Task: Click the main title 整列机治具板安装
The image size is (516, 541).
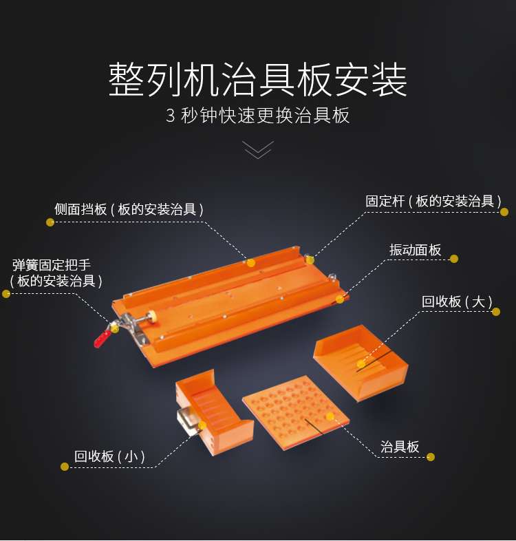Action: tap(258, 81)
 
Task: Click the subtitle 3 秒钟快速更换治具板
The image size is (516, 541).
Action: tap(258, 115)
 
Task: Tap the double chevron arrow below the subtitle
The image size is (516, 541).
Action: tap(258, 150)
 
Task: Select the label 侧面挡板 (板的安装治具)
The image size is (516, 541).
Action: tap(129, 209)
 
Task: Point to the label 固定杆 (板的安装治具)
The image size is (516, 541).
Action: tap(433, 201)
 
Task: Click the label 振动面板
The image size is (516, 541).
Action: tap(415, 250)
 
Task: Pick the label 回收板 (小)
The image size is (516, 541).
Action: tap(110, 456)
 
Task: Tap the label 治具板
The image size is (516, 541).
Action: tap(400, 447)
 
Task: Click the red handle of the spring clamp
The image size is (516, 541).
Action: tap(102, 337)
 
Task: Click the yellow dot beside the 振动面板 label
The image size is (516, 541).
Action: tap(453, 259)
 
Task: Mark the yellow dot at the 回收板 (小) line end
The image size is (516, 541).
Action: tap(65, 466)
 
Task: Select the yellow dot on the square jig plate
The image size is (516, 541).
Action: tap(330, 416)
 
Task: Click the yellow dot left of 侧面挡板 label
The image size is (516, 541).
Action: tap(50, 222)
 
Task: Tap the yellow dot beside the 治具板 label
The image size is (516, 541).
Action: tap(431, 456)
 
